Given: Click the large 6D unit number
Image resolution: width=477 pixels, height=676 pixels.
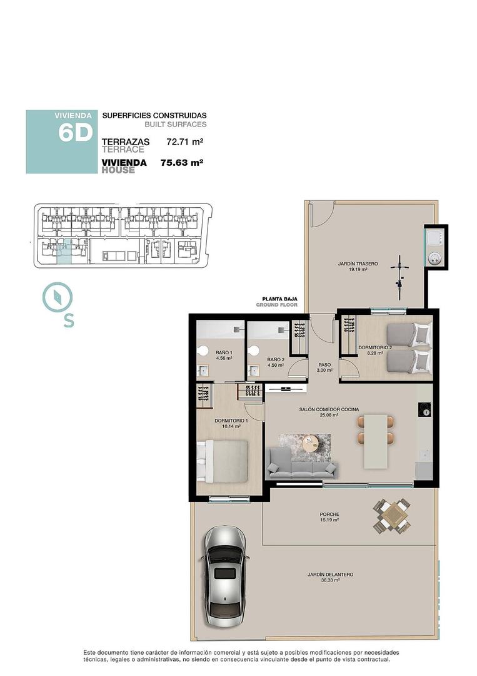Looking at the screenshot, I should point(75,133).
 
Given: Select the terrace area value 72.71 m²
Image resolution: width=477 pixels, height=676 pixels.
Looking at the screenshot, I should point(185,142).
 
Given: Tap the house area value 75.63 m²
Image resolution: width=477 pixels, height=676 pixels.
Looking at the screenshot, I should point(183,163).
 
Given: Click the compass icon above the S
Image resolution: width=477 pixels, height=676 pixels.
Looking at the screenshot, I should point(58,297).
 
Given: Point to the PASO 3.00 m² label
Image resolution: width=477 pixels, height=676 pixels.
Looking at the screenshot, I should point(324,367).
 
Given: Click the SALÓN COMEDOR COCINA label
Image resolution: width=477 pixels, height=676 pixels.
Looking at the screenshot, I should point(328,411).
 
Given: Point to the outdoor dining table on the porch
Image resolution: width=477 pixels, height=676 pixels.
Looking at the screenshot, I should point(393,516).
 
